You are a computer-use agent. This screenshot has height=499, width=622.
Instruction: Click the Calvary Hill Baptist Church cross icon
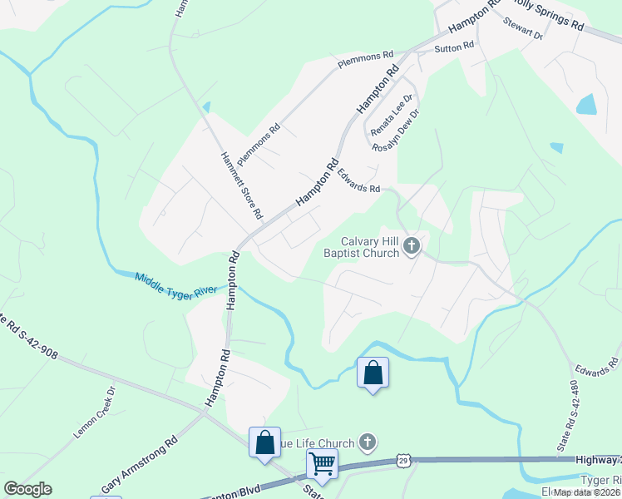tap(412, 245)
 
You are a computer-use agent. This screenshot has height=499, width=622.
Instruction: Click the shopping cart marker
tap(322, 464)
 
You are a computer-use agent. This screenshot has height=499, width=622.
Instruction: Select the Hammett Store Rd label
tap(241, 185)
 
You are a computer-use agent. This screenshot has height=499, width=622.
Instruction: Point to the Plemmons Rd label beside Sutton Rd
tap(364, 59)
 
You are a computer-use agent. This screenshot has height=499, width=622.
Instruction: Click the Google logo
tap(27, 489)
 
